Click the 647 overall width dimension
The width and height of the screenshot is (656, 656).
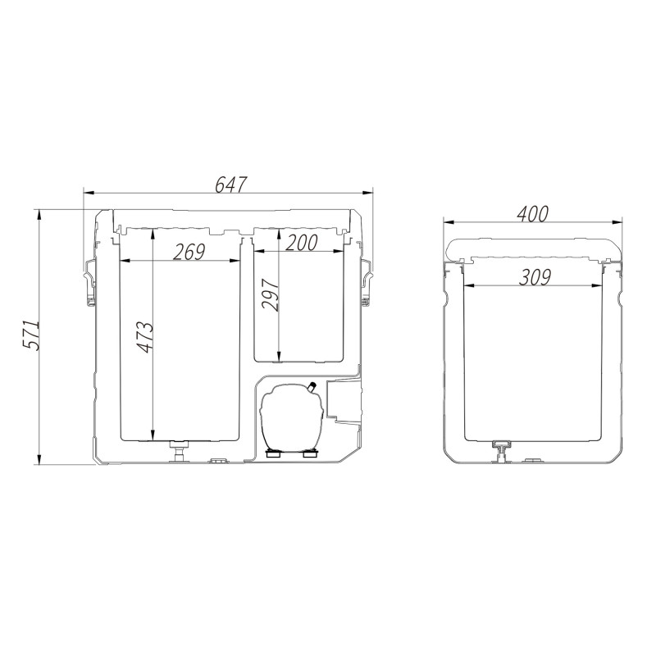click(231, 185)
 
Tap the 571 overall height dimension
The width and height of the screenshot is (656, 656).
click(30, 335)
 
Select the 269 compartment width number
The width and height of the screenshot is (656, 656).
click(189, 253)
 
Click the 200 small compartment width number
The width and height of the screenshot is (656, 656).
click(301, 243)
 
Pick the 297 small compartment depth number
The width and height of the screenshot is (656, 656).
click(271, 295)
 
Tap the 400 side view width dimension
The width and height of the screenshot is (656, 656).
click(532, 214)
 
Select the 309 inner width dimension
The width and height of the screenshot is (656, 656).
click(535, 277)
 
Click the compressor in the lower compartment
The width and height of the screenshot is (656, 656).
click(292, 418)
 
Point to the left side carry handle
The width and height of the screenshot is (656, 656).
click(90, 283)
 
